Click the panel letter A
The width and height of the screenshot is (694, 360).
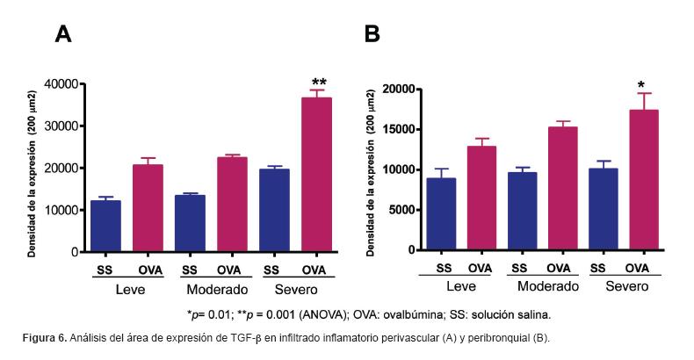pos(63,34)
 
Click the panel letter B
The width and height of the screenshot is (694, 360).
pos(372,34)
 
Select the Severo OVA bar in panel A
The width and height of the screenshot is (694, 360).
pos(317,175)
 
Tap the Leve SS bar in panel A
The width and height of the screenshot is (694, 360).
pos(106,227)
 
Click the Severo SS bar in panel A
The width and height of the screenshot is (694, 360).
pos(275,211)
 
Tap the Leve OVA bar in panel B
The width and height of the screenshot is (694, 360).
pos(481,198)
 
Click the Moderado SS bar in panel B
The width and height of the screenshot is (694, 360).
pos(522,212)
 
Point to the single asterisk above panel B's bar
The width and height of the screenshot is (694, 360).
pos(642,85)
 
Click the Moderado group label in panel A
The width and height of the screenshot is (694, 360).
pos(216,289)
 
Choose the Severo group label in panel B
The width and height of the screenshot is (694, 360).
pos(625,286)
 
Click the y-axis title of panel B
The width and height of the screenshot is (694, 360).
pos(371,170)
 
